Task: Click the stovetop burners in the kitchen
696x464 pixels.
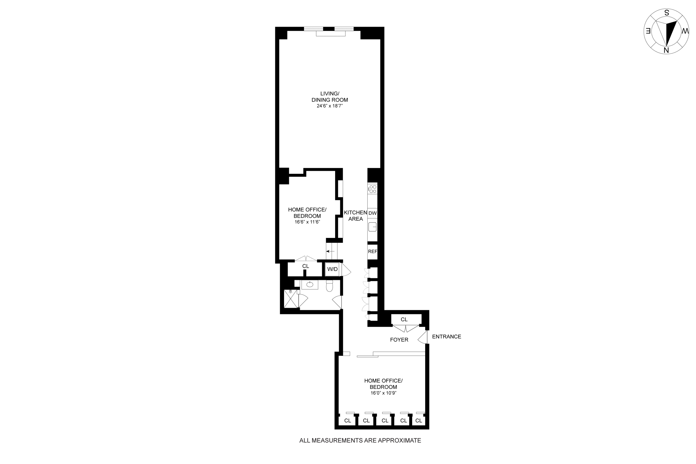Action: (x=372, y=189)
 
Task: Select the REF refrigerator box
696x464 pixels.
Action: (x=372, y=251)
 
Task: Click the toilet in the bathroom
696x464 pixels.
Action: (x=329, y=286)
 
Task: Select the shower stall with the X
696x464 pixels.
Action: (x=291, y=299)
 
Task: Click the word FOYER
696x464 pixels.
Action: (x=399, y=340)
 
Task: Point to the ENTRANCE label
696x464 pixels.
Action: (x=446, y=336)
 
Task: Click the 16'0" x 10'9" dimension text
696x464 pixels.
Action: (x=383, y=393)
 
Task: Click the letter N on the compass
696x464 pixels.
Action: (x=666, y=50)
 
